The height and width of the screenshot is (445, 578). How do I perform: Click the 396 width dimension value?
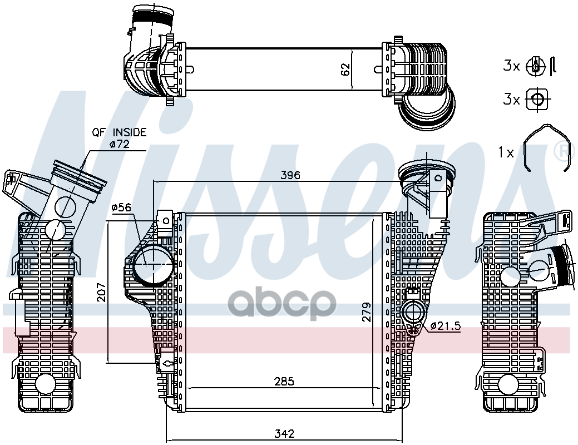(x=290, y=175)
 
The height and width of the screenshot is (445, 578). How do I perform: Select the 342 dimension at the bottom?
(x=285, y=433)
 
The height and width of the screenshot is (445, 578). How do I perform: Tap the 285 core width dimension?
(x=284, y=382)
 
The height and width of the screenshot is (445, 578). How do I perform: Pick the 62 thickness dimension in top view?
(x=345, y=70)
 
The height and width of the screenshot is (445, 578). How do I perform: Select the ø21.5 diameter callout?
(x=446, y=326)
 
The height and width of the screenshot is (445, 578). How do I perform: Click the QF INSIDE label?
(x=119, y=132)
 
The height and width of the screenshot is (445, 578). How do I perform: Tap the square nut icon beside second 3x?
(x=537, y=99)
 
